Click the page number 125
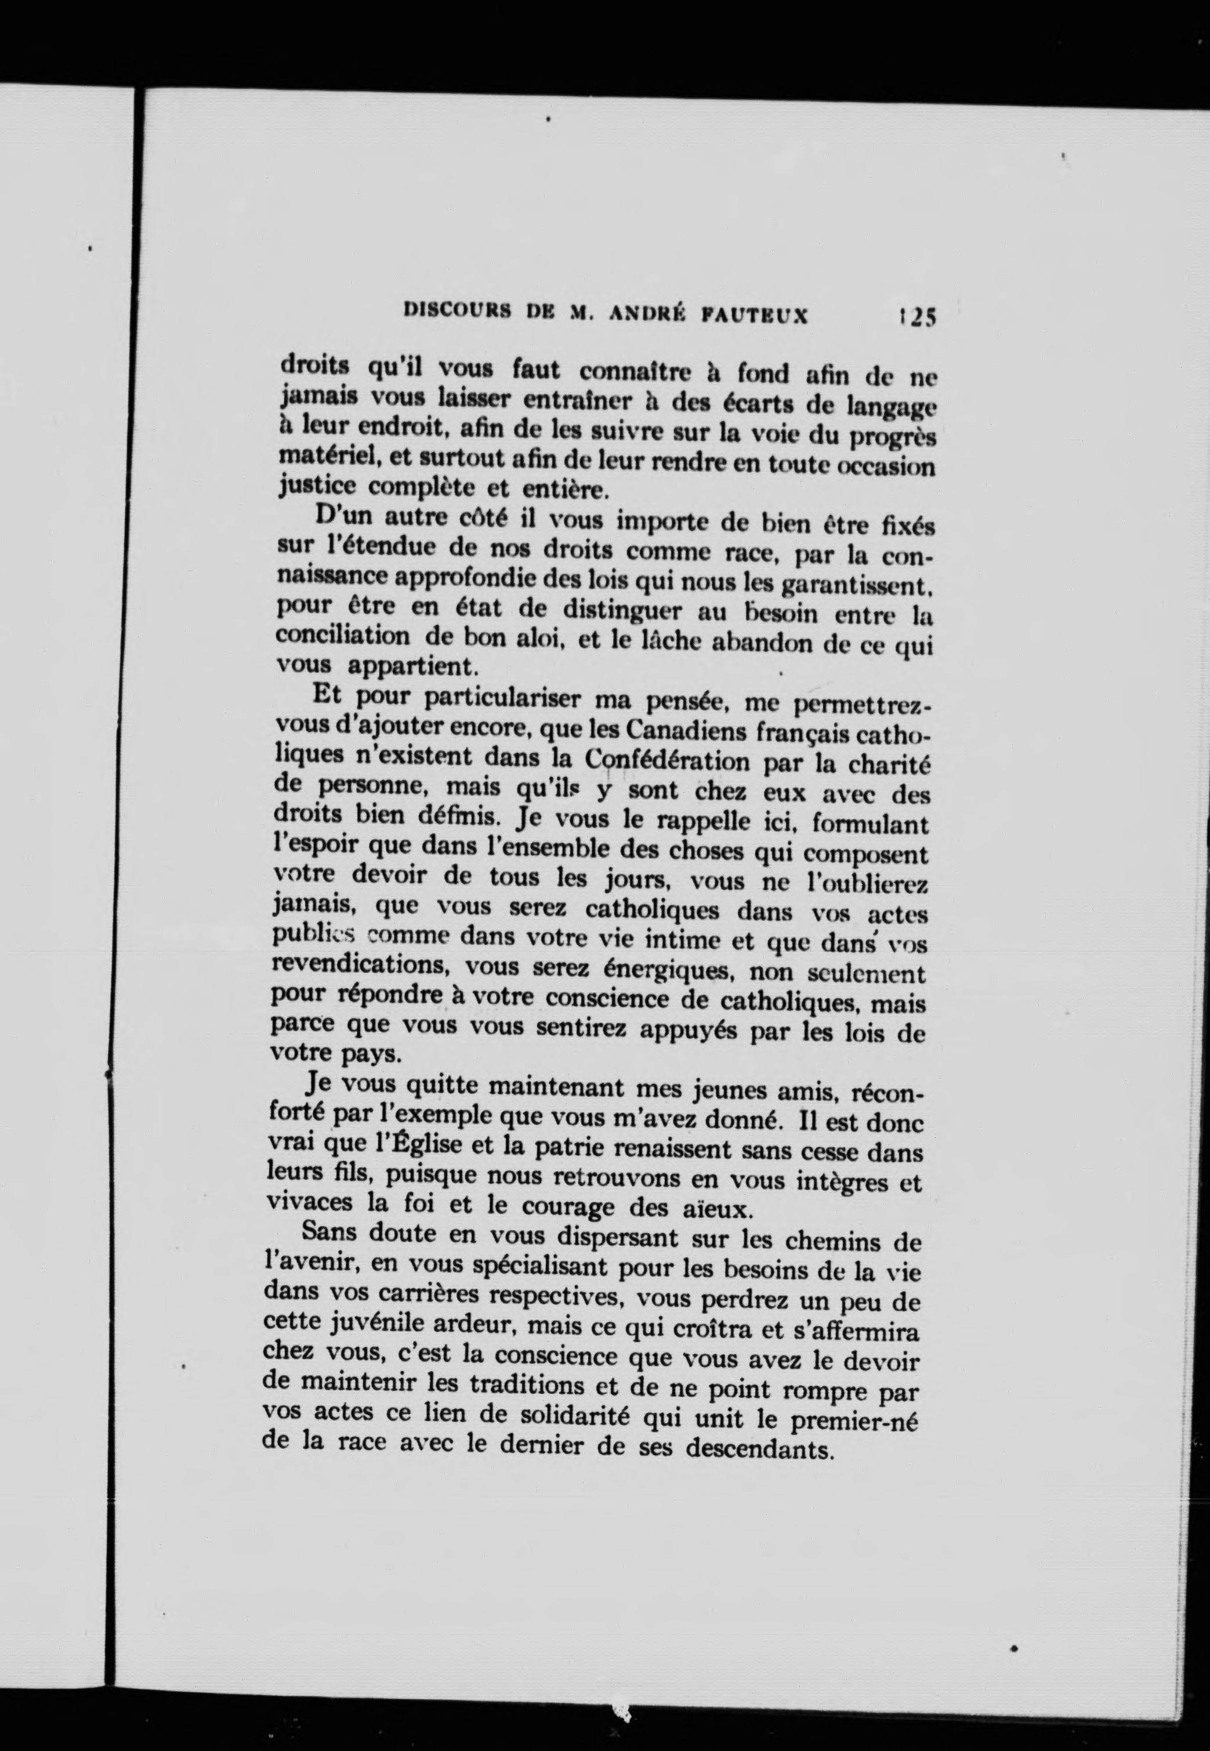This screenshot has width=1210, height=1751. point(916,316)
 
